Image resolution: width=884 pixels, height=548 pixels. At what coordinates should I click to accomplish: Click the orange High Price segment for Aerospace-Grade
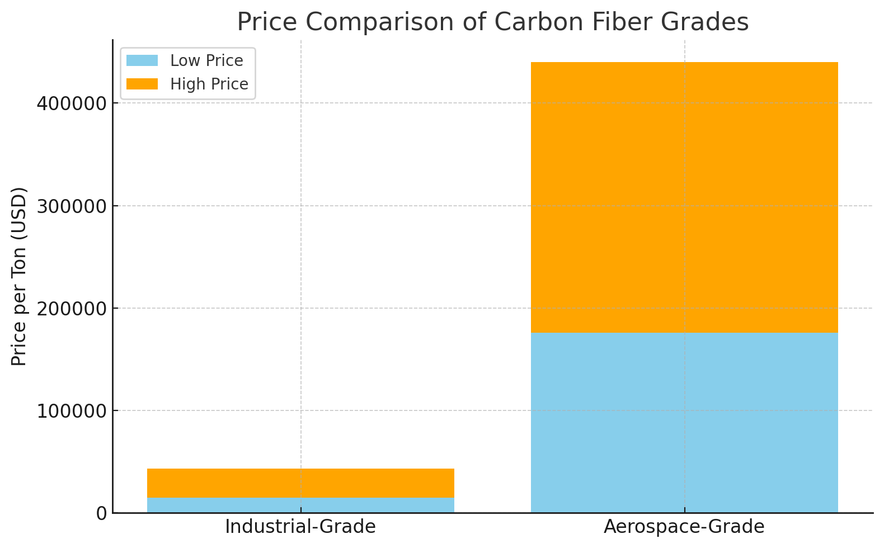684,197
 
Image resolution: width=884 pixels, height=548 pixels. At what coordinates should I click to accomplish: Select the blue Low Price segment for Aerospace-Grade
684,423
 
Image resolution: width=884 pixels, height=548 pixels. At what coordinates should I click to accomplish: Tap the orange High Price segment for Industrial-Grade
300,483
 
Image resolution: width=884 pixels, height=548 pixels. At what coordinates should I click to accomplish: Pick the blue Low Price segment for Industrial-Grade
300,505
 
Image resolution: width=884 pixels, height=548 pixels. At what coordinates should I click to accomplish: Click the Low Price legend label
206,60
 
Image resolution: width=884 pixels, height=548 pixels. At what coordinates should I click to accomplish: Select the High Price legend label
209,84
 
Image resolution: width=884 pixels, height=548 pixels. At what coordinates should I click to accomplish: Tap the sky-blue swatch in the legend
142,60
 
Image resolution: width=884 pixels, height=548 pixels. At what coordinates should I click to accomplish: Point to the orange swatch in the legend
142,84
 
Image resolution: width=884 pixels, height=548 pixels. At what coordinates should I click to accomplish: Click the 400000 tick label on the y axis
71,103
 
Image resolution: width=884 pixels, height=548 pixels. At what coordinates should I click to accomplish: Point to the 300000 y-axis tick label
71,206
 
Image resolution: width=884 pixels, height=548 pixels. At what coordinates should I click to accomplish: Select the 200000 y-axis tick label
71,308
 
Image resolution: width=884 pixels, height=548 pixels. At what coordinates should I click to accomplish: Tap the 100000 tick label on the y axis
71,411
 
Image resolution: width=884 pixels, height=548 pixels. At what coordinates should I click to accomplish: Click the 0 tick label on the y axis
101,513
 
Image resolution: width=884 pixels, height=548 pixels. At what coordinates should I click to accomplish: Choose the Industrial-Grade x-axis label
300,527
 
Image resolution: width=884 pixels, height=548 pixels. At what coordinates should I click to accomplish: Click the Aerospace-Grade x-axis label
684,527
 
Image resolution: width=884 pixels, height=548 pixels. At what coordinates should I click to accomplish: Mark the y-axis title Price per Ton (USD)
19,276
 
